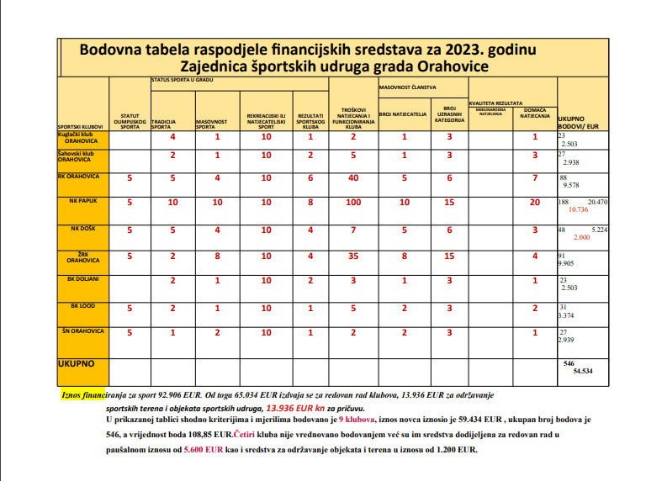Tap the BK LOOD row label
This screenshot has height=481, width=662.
pyautogui.click(x=82, y=307)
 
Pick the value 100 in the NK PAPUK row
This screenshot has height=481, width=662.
pyautogui.click(x=353, y=203)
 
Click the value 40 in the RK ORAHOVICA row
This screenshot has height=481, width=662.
pyautogui.click(x=353, y=178)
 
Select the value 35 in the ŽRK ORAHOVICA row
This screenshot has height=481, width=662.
pyautogui.click(x=353, y=256)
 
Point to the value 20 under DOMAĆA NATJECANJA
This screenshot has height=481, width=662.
pyautogui.click(x=535, y=203)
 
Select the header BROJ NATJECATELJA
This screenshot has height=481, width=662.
pyautogui.click(x=404, y=112)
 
